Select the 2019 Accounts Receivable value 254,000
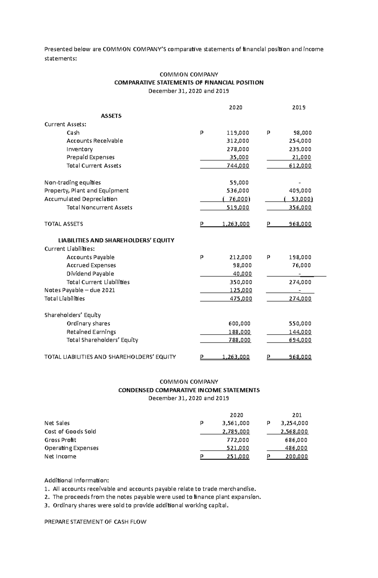click(x=300, y=141)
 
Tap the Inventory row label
click(x=80, y=149)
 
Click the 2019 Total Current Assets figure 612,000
click(x=300, y=166)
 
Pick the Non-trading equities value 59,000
click(x=239, y=182)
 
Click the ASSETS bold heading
click(x=111, y=116)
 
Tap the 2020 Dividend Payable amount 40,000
click(x=242, y=274)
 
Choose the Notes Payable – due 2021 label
click(x=80, y=290)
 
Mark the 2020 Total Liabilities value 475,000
click(x=241, y=299)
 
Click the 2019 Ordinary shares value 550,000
click(x=300, y=323)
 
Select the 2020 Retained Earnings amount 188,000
click(x=239, y=332)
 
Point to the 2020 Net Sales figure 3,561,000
click(x=236, y=423)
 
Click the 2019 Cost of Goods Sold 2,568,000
click(x=294, y=432)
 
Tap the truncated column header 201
click(x=297, y=415)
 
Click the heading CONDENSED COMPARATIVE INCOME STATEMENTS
click(x=189, y=390)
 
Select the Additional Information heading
click(x=77, y=480)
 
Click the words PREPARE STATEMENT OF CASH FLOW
click(x=95, y=522)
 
